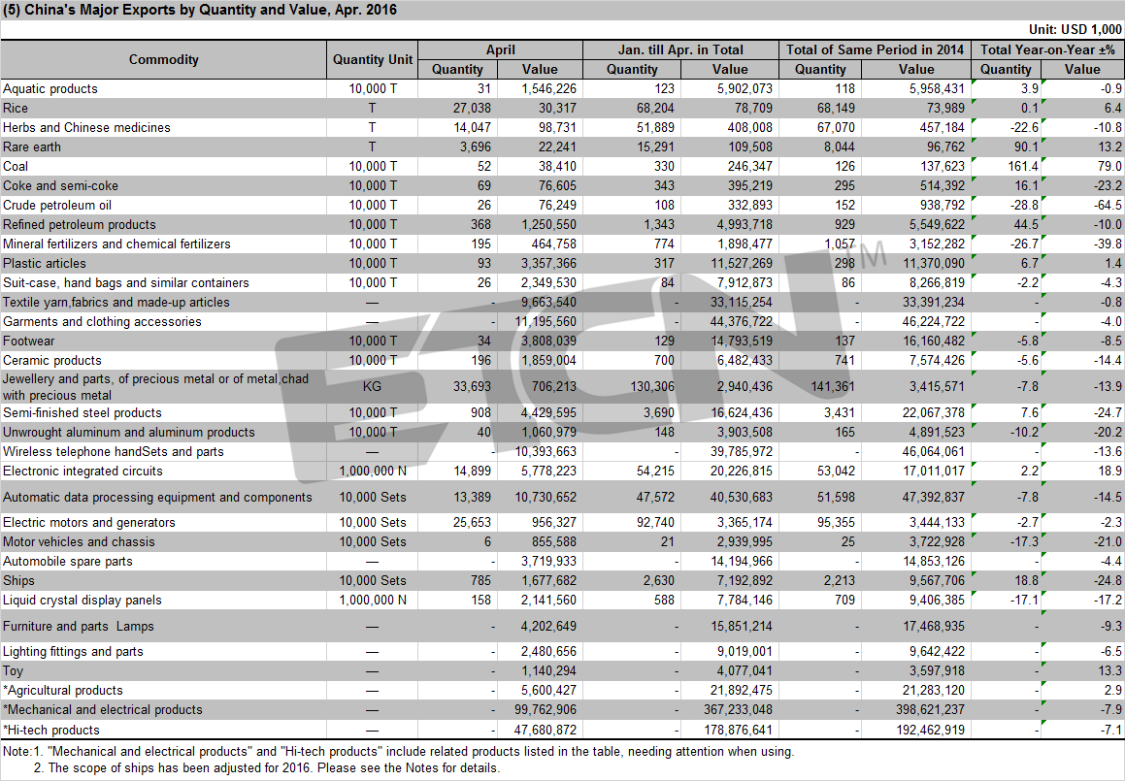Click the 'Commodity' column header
pos(164,59)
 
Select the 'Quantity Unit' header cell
pos(373,59)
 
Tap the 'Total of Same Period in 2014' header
pos(875,49)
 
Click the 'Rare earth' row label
pos(32,147)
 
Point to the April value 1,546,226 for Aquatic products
pos(548,89)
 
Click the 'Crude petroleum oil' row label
pos(57,205)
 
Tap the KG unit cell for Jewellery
pos(372,386)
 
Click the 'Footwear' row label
pos(29,342)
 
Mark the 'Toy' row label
pos(13,671)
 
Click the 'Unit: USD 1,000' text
pos(1075,29)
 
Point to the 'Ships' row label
pos(18,581)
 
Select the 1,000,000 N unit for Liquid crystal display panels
pos(373,601)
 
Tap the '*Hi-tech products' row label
pos(50,731)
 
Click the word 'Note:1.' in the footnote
pos(23,752)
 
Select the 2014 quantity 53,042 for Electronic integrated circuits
pos(836,472)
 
